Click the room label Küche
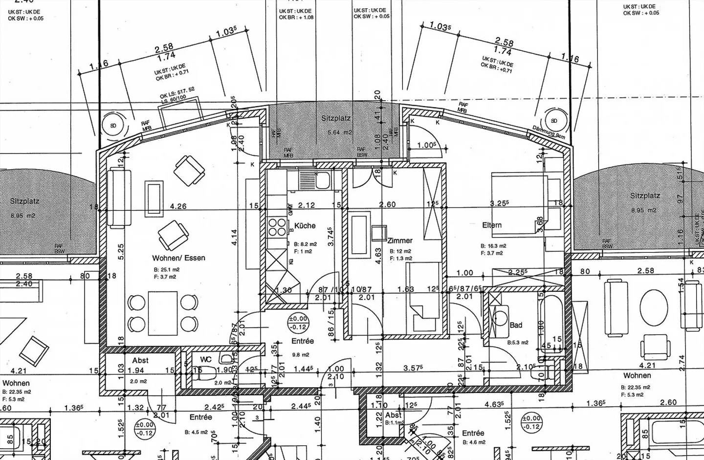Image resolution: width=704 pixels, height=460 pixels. coord(305,226)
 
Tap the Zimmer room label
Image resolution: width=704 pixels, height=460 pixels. coord(400,241)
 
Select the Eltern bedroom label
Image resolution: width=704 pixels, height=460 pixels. coord(492,225)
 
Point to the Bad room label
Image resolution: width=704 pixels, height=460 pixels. coord(516,325)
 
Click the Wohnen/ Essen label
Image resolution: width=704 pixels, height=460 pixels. coord(178,258)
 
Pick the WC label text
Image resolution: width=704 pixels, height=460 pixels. coord(206,360)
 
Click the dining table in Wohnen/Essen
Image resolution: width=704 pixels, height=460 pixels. coord(162,311)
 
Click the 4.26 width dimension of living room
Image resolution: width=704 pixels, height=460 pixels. coord(178,206)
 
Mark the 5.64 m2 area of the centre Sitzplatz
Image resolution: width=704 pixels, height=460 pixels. coord(340,132)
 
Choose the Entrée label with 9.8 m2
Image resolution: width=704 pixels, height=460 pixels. coord(303,341)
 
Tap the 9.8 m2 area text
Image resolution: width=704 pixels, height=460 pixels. coord(301,355)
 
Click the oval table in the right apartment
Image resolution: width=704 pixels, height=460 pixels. coord(653,307)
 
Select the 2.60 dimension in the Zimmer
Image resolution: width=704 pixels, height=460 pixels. coord(387,204)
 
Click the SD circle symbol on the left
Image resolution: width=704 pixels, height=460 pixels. coord(113,126)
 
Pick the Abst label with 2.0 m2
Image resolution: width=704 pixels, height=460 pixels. coord(140,361)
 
